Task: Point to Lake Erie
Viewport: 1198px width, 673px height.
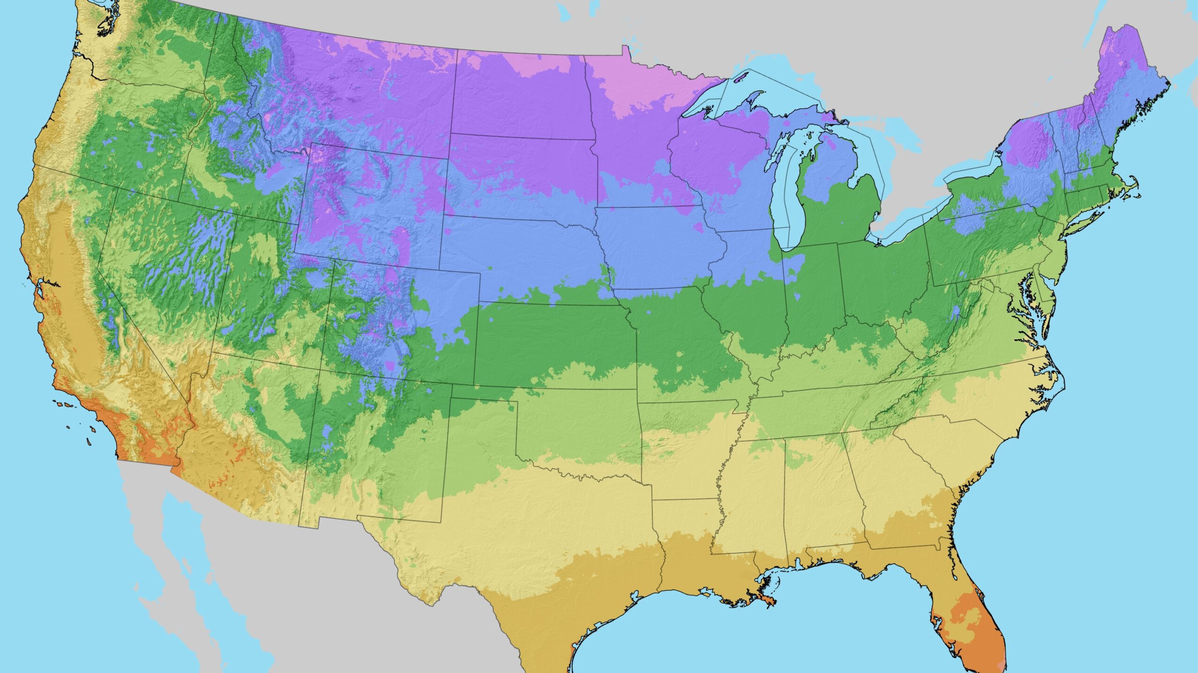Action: point(908,224)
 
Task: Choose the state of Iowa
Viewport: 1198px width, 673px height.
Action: point(655,248)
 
